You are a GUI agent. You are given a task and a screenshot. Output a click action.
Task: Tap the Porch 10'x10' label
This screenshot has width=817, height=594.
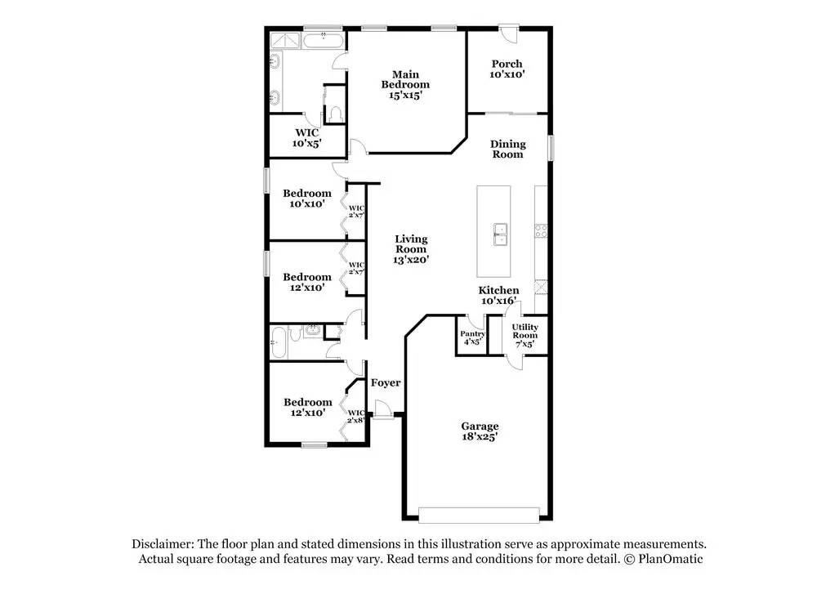(x=507, y=69)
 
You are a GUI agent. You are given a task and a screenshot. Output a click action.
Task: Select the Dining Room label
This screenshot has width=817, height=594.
(x=507, y=149)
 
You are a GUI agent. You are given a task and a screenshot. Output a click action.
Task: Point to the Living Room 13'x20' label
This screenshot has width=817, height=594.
(x=411, y=249)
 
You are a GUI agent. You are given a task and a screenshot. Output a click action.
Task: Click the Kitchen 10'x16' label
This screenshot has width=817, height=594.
(x=498, y=295)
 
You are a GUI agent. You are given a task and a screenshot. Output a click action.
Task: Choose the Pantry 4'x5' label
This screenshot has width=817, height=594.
(x=472, y=337)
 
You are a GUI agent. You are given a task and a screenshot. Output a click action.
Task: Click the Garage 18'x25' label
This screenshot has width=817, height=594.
(x=480, y=431)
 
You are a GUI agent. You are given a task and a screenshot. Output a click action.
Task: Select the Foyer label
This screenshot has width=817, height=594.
(x=386, y=382)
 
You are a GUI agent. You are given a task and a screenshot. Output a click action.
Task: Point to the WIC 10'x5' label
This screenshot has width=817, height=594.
(x=307, y=137)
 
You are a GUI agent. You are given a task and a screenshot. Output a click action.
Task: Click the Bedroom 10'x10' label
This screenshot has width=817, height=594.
(x=307, y=199)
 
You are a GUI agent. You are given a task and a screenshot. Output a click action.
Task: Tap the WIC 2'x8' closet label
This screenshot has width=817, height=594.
(x=356, y=416)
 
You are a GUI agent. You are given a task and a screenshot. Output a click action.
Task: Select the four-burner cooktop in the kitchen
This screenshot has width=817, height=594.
(x=540, y=231)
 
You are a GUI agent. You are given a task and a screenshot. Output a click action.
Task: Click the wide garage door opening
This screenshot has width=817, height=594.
(x=479, y=515)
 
